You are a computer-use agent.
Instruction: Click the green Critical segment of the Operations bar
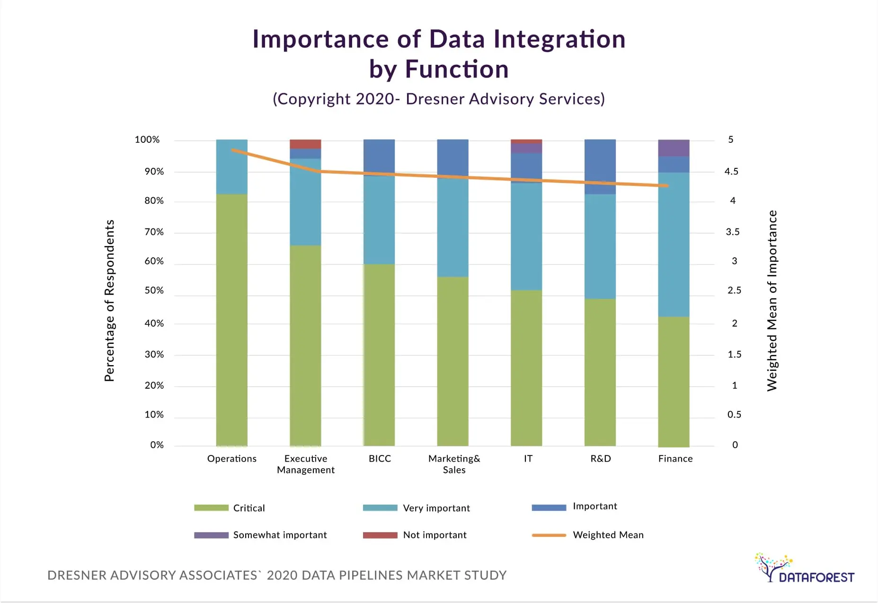click(231, 320)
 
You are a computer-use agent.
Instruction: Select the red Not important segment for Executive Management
click(305, 144)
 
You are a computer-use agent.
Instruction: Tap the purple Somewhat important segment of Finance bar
click(674, 148)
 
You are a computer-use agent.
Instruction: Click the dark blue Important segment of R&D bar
click(600, 166)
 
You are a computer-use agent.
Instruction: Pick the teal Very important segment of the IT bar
click(526, 236)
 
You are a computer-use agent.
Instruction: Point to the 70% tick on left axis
click(154, 232)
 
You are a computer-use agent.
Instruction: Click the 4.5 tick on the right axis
click(731, 171)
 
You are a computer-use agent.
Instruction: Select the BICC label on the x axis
click(380, 458)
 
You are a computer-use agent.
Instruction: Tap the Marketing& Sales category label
click(454, 464)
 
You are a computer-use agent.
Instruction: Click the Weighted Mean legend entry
click(608, 535)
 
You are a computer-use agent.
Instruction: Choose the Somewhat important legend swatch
click(211, 535)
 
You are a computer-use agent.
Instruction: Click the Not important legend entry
click(434, 535)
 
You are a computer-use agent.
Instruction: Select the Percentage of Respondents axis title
click(109, 300)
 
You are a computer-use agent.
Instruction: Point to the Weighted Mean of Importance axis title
click(772, 300)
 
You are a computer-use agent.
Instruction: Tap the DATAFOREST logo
click(804, 569)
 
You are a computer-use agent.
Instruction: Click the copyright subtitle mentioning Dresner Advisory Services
click(438, 99)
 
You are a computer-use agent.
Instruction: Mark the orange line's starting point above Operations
click(232, 150)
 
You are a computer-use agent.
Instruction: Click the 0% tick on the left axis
click(157, 445)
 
